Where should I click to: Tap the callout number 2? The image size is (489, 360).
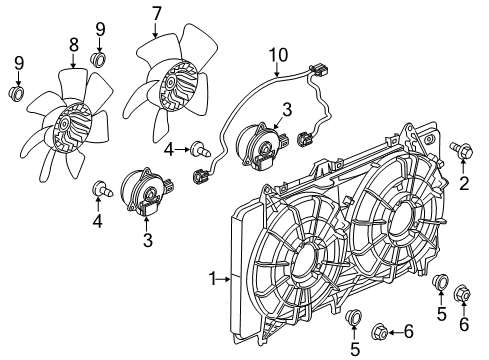463,182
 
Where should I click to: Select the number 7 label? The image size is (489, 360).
156,14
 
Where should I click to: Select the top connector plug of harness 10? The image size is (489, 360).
322,73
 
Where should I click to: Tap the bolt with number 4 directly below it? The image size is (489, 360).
101,187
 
